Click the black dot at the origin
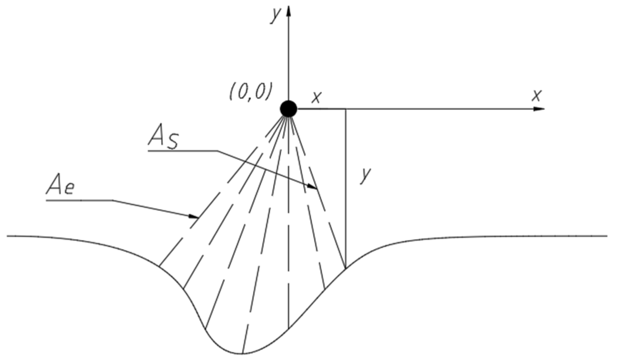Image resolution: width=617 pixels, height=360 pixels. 288,108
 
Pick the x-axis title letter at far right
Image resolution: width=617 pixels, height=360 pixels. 536,95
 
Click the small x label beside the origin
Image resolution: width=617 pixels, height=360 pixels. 316,98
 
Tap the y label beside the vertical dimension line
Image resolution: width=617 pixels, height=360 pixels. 365,176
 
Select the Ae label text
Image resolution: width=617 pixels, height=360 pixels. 60,187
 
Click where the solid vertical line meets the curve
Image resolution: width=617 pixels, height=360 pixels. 345,267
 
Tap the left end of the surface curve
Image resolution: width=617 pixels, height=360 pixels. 8,235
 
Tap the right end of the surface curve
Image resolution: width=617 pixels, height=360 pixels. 607,235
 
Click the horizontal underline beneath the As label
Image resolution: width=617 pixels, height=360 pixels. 181,151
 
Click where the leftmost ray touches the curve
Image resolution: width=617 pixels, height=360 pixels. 159,266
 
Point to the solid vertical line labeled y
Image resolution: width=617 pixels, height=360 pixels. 345,193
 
